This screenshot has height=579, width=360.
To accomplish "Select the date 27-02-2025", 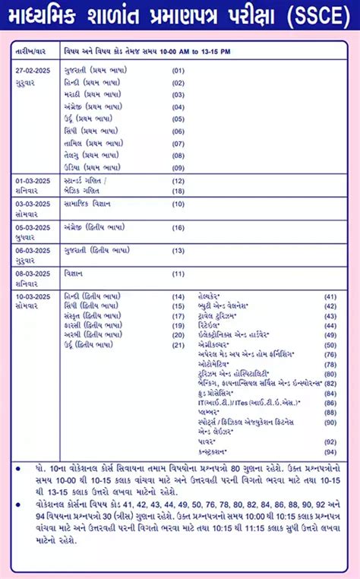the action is click(x=33, y=70).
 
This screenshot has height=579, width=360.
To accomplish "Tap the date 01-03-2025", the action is click(x=33, y=181).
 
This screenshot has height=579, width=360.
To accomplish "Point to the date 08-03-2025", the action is click(x=33, y=273).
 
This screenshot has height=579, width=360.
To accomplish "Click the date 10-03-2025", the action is click(x=33, y=296).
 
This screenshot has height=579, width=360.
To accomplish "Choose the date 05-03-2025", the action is click(x=33, y=227).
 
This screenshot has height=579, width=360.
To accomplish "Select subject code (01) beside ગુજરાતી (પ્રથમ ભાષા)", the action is click(x=178, y=71).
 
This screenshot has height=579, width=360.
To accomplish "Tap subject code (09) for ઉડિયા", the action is click(x=178, y=167).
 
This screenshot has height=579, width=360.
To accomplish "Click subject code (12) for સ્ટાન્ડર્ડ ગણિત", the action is click(x=178, y=181).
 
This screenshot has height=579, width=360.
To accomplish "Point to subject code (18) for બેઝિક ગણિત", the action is click(x=178, y=191).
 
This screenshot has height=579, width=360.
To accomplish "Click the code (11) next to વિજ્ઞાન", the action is click(x=178, y=274).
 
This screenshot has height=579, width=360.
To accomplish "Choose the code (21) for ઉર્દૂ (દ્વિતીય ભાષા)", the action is click(x=178, y=345).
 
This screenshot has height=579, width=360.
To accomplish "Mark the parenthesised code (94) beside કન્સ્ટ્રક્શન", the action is click(x=330, y=451).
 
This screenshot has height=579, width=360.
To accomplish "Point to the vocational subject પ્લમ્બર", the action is click(x=208, y=411).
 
